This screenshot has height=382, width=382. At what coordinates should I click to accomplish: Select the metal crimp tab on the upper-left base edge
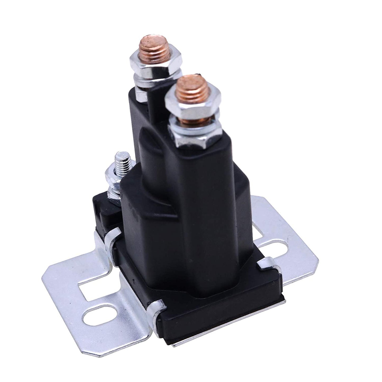pyautogui.click(x=112, y=239)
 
